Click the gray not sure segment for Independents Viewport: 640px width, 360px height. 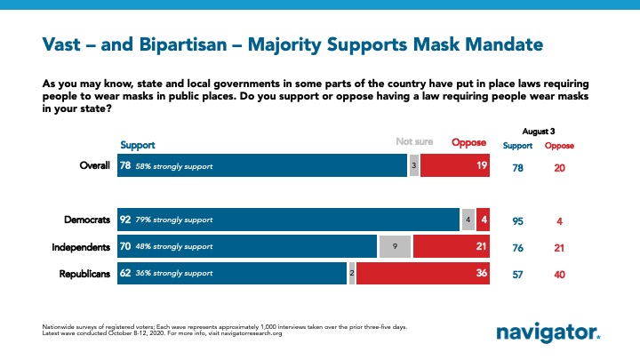click(x=394, y=246)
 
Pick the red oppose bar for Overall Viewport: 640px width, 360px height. click(x=456, y=165)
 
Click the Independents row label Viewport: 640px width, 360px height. click(x=81, y=246)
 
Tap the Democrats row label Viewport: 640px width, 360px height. click(x=85, y=219)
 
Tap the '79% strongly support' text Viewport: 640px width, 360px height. click(x=175, y=220)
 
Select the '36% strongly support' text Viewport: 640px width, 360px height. click(x=175, y=273)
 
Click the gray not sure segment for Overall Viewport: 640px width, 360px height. click(x=414, y=165)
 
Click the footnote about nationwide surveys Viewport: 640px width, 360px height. click(x=222, y=331)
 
